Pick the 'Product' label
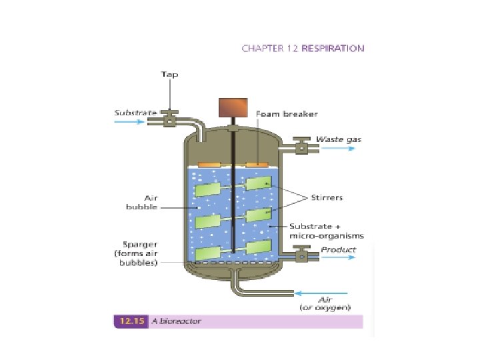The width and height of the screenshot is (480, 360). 339,250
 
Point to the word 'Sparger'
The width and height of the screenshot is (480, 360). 140,245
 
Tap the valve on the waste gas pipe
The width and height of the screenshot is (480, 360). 301,147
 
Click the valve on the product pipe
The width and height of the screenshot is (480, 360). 301,254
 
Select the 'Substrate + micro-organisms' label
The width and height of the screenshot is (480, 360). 327,231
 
